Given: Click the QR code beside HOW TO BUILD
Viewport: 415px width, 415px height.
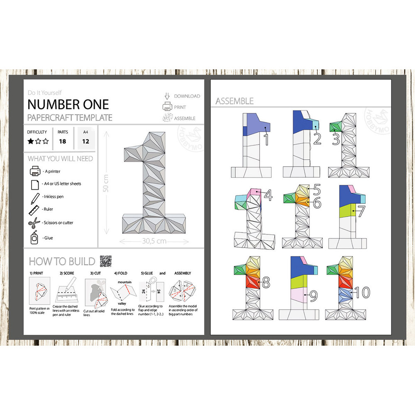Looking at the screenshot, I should point(105,261).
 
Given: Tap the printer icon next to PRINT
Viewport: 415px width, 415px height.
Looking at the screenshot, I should point(167,107).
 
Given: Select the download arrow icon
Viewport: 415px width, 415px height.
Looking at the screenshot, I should point(167,96).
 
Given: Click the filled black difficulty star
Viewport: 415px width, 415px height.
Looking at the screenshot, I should point(31,141).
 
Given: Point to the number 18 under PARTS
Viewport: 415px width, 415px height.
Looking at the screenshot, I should point(63,141).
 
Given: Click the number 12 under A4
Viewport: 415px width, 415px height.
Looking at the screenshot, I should point(85,141).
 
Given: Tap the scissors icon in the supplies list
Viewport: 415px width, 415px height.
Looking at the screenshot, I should point(34,223).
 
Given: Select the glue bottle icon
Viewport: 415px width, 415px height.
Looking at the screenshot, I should point(34,238).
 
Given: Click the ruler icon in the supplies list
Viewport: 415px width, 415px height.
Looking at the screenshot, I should point(34,210).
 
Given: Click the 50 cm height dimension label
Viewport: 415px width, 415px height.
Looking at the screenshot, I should point(106,183).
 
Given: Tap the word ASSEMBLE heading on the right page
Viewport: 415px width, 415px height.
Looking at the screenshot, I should point(234,101).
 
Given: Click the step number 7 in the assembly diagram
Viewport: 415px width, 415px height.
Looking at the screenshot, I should point(361,211).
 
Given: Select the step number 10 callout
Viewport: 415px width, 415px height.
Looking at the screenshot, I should point(362,292).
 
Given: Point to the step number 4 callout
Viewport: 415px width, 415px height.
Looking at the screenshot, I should point(269,195).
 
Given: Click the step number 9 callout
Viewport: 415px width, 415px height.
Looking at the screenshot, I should point(314,296).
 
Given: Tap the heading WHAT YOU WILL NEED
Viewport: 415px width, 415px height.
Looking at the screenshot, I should point(60,159).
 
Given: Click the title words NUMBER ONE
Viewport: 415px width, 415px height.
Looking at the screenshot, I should point(68,104).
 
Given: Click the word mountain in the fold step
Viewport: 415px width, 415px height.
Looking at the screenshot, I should point(124,282).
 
